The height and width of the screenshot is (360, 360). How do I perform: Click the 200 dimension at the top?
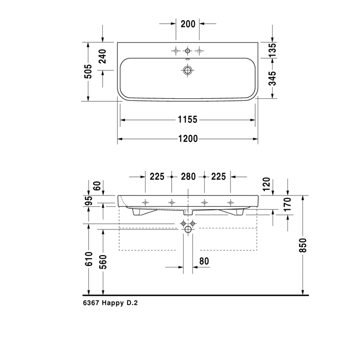click(x=188, y=24)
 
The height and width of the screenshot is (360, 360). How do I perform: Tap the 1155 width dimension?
click(x=188, y=120)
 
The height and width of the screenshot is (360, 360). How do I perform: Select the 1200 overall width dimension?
click(x=188, y=139)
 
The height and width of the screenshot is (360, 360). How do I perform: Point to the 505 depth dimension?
click(x=88, y=71)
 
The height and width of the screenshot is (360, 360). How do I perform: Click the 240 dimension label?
click(x=102, y=57)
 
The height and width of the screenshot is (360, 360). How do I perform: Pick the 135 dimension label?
click(x=273, y=50)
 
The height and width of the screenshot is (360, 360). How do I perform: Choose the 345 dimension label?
click(x=273, y=78)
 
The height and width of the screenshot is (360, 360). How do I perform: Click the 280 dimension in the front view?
click(x=188, y=176)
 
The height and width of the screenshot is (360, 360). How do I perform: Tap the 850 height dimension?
click(x=303, y=245)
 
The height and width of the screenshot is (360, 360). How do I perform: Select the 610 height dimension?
click(x=88, y=259)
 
